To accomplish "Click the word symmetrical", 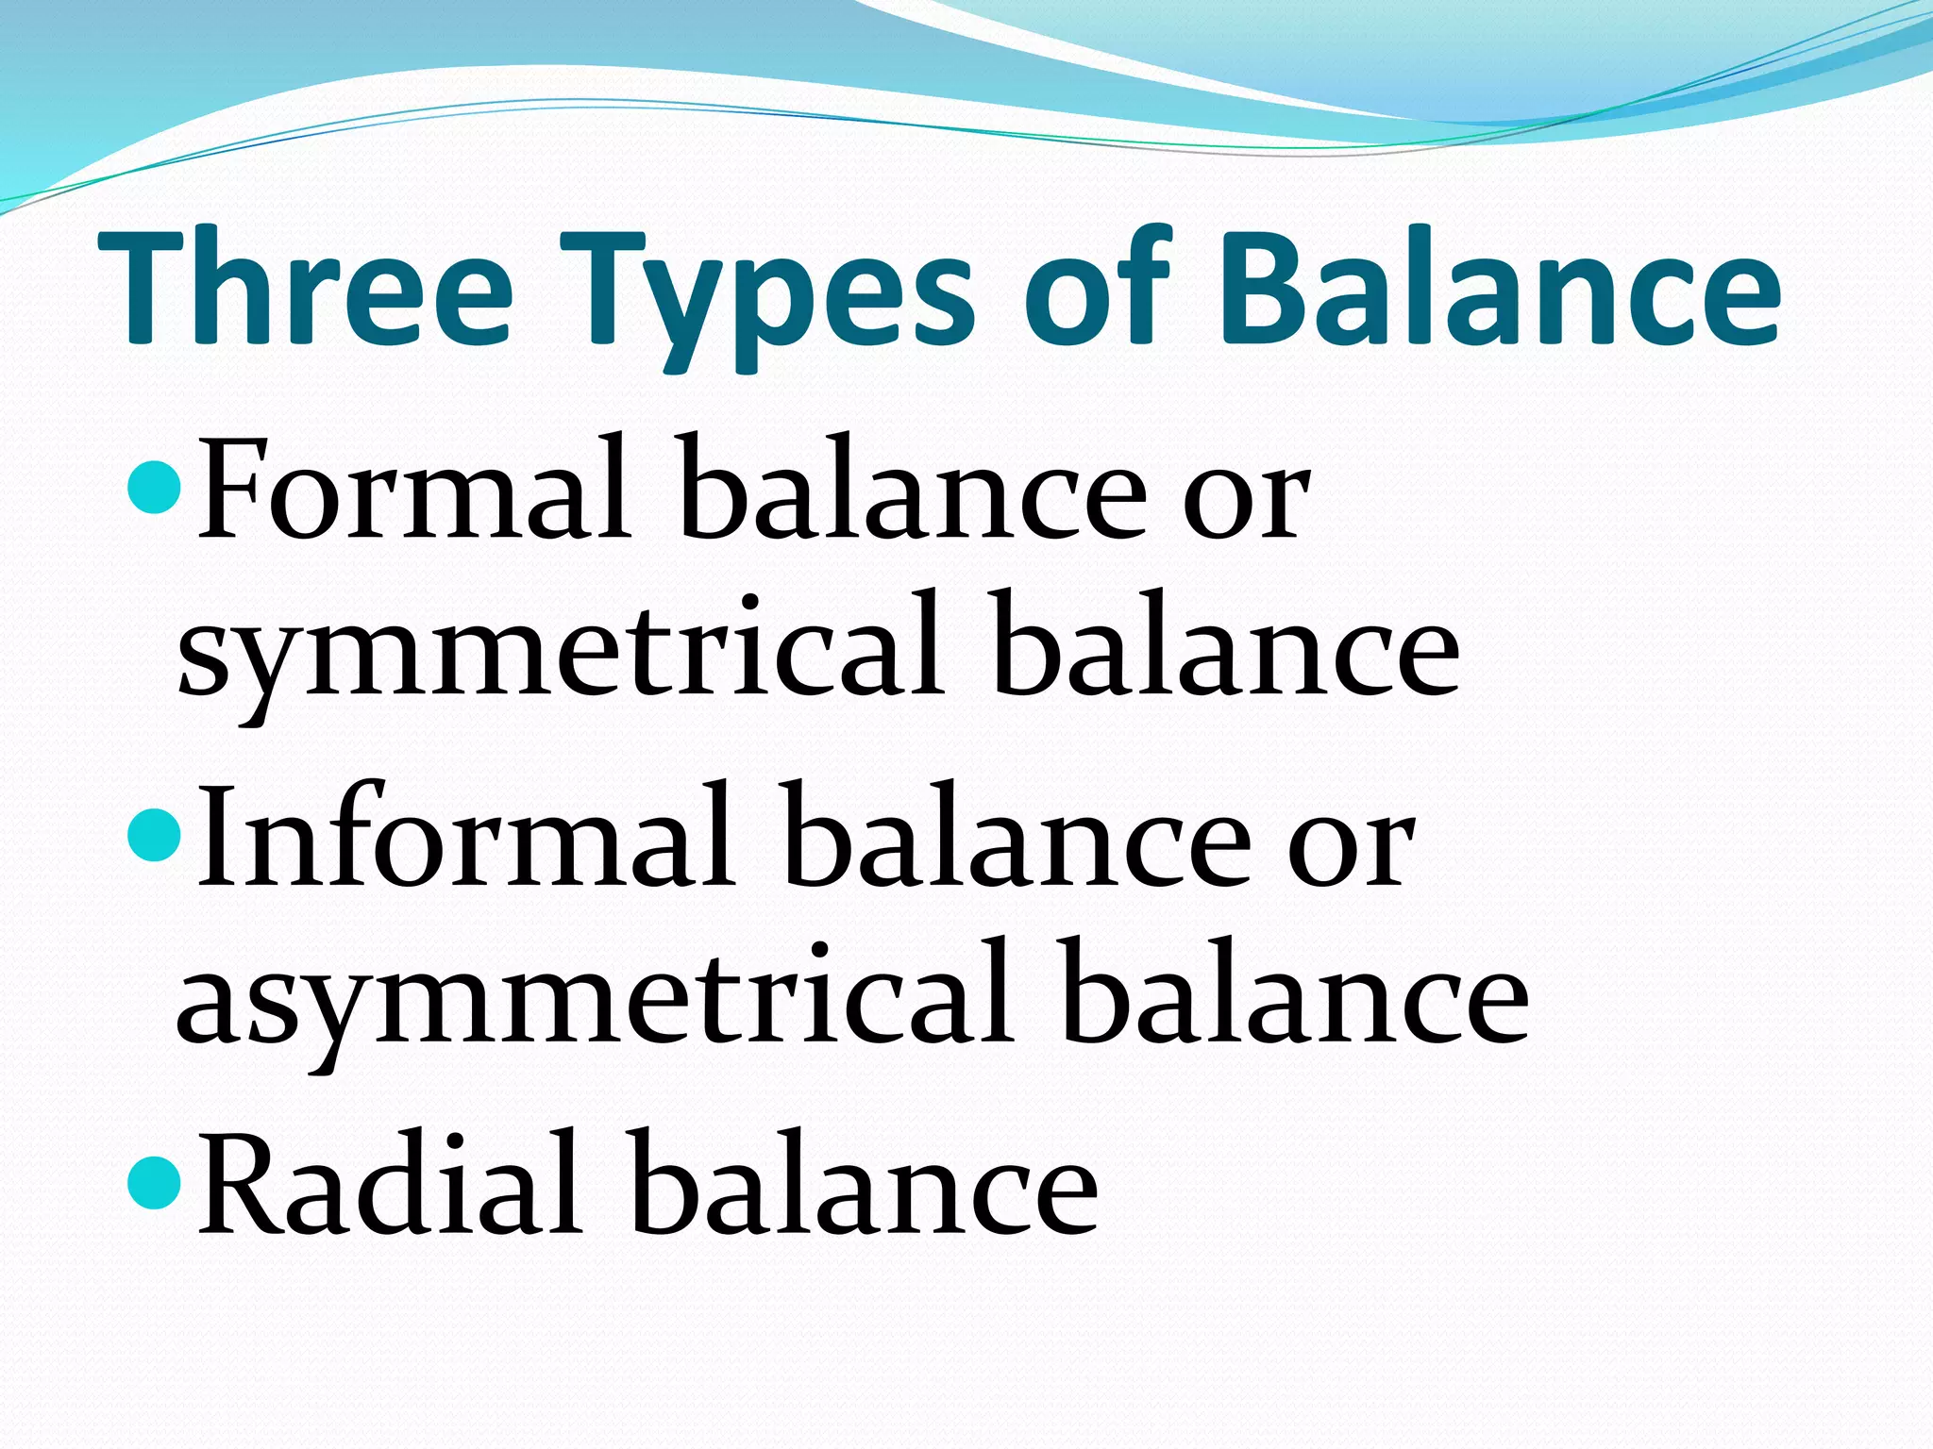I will point(561,651).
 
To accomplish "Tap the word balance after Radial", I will point(864,1184).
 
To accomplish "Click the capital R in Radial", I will point(241,1184).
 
